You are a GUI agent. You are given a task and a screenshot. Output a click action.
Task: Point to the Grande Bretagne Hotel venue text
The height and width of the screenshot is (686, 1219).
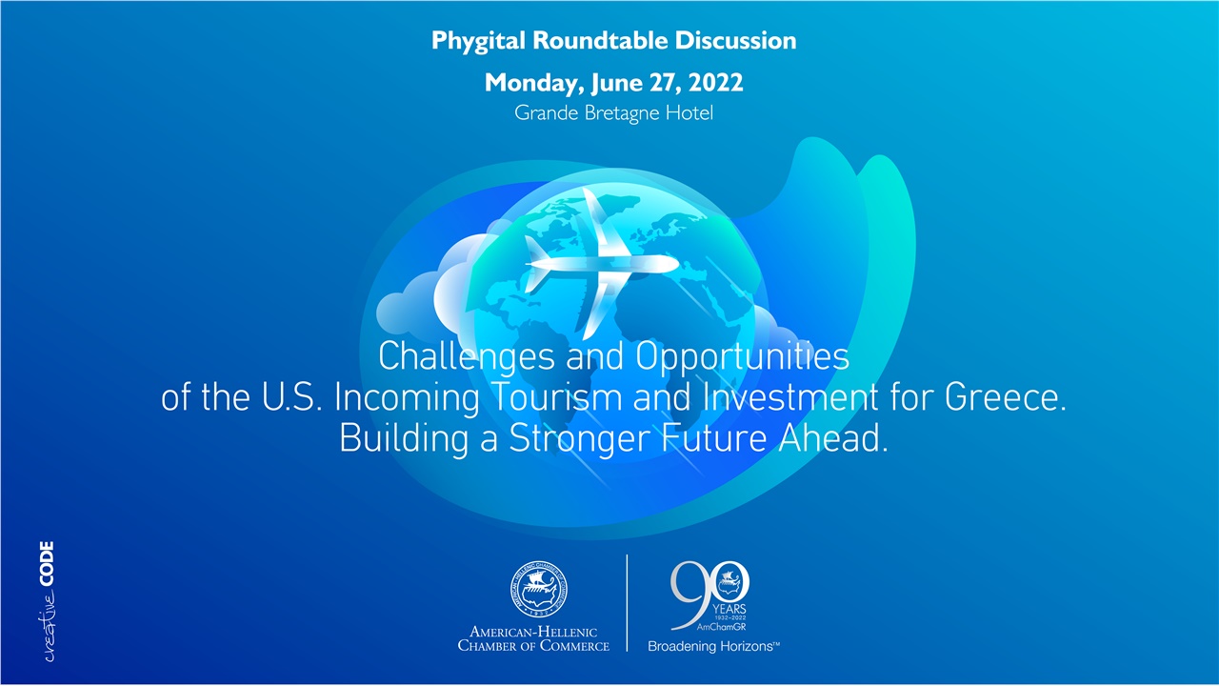tap(613, 112)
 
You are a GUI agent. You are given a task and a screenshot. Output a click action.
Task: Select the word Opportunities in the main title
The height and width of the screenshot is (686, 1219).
tap(742, 357)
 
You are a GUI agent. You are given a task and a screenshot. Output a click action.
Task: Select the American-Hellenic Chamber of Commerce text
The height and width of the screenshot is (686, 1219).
tap(533, 638)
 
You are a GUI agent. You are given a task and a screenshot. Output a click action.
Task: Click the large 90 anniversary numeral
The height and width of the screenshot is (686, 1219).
tap(709, 591)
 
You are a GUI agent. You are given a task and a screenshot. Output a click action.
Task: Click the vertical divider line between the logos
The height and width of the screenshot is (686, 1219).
tap(627, 602)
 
